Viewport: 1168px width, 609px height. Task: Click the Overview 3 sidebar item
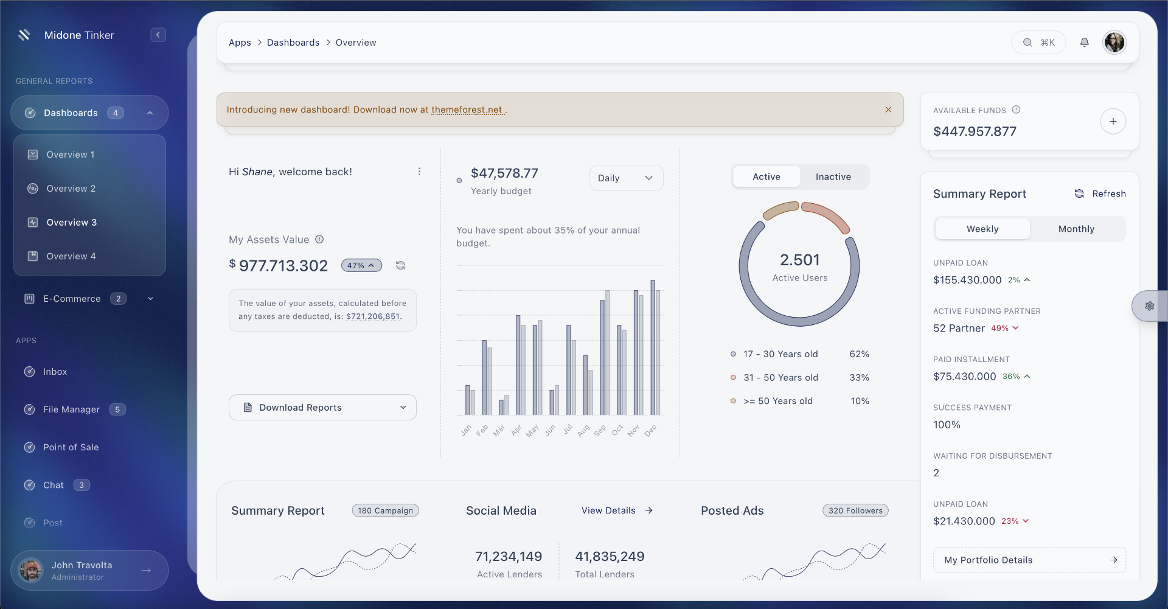point(71,223)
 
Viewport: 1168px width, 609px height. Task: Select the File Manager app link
point(71,409)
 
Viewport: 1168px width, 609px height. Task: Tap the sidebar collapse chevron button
point(158,35)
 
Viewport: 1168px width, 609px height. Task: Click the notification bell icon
point(1084,43)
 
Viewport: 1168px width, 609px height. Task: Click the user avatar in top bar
point(1114,43)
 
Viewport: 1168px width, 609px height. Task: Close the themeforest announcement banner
point(888,110)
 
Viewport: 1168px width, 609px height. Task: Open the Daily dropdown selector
point(625,178)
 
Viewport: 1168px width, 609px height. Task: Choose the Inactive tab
point(833,177)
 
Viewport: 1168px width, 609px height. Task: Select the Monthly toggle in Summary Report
point(1076,229)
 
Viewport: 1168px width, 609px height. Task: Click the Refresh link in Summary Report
point(1100,194)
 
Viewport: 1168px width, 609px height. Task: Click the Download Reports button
point(322,408)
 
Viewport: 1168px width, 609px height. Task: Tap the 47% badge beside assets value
point(361,266)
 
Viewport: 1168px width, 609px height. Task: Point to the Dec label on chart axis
point(650,431)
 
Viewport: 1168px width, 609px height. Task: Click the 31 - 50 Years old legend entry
point(780,378)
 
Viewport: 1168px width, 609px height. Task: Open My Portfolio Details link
point(1029,560)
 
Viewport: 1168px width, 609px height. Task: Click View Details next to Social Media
point(616,511)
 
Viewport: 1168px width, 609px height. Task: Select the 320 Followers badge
point(855,511)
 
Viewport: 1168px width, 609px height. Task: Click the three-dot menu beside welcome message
point(419,172)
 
